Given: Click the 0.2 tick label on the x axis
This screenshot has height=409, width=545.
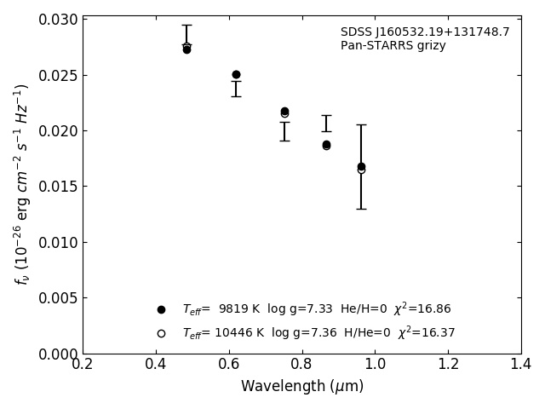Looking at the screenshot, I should click(x=83, y=365).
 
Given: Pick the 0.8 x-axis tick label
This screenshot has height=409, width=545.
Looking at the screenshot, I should click(x=302, y=365).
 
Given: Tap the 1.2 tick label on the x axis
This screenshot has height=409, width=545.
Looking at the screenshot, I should click(x=448, y=365).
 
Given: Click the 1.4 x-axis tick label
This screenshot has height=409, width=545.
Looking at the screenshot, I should click(x=521, y=365).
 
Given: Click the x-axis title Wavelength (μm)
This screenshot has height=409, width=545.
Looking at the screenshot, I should click(x=302, y=387).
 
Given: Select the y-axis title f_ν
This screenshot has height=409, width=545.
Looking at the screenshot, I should click(x=20, y=184).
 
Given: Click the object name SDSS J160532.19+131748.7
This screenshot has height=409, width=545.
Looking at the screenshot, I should click(x=425, y=32).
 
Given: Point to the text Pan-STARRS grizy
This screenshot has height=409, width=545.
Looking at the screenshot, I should click(x=393, y=46).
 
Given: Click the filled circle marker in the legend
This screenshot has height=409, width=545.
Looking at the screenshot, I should click(x=161, y=309).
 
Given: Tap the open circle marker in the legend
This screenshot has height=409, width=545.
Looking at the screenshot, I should click(x=161, y=333).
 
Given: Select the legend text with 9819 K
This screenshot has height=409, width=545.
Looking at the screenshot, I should click(x=316, y=309).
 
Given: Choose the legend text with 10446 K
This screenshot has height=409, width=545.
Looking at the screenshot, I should click(x=318, y=333).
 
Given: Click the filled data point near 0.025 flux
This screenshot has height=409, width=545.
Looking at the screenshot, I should click(x=236, y=75).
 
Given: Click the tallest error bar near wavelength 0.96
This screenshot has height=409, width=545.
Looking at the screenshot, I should click(x=361, y=167).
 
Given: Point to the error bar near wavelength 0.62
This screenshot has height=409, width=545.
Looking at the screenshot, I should click(x=236, y=89).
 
